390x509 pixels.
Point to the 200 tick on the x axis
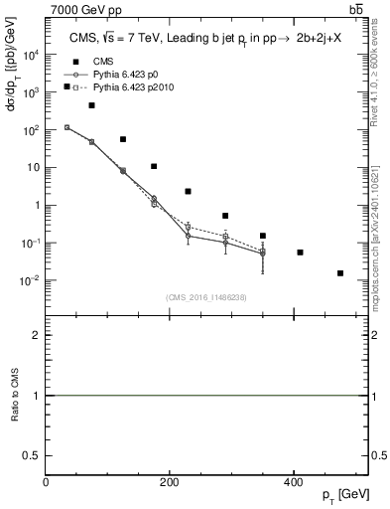point(170,482)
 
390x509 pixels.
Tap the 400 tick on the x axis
point(293,482)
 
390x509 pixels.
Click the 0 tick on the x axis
point(47,482)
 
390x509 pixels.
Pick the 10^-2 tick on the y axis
point(29,280)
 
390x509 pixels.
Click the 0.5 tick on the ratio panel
point(35,455)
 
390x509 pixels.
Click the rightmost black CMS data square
point(340,272)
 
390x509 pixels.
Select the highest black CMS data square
point(66,87)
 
